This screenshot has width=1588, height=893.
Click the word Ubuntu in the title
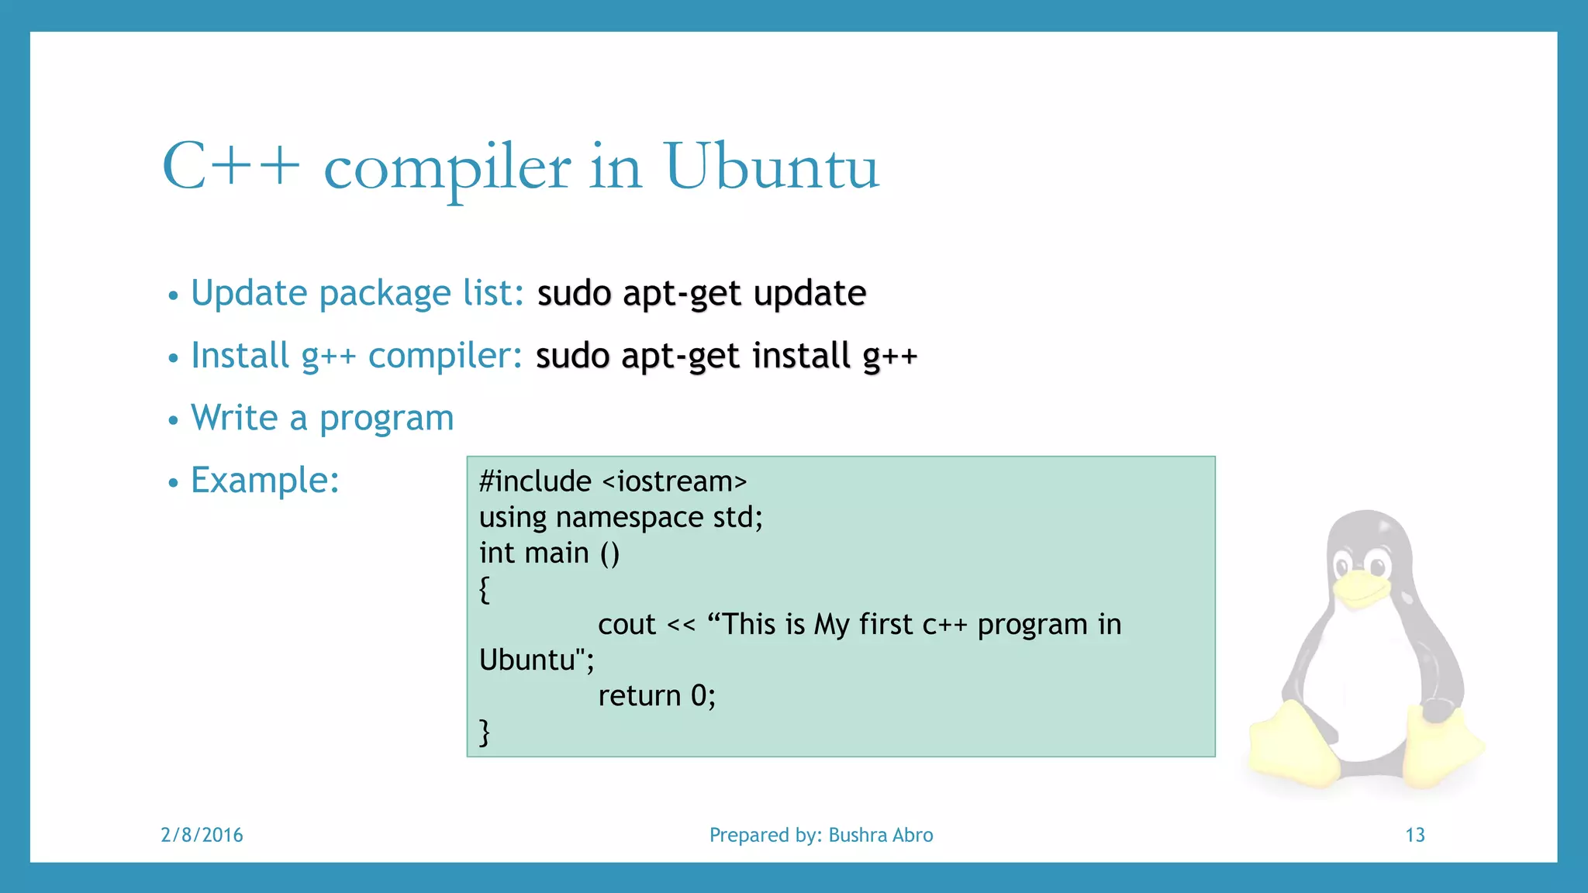coord(772,167)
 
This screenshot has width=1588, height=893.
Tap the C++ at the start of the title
coord(230,167)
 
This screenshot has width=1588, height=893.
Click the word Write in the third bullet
coord(234,419)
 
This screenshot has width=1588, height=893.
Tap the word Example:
coord(265,481)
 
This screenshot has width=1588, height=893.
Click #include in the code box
coord(535,482)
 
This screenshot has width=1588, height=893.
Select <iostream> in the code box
coord(675,482)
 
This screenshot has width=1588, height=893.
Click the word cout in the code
coord(627,625)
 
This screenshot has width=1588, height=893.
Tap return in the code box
coord(639,696)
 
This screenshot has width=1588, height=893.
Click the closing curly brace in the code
coord(485,732)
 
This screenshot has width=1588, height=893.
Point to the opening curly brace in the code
coord(485,589)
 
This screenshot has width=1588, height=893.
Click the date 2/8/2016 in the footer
coord(202,835)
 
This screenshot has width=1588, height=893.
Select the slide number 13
coord(1414,835)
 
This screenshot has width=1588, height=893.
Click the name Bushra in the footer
coord(858,835)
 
